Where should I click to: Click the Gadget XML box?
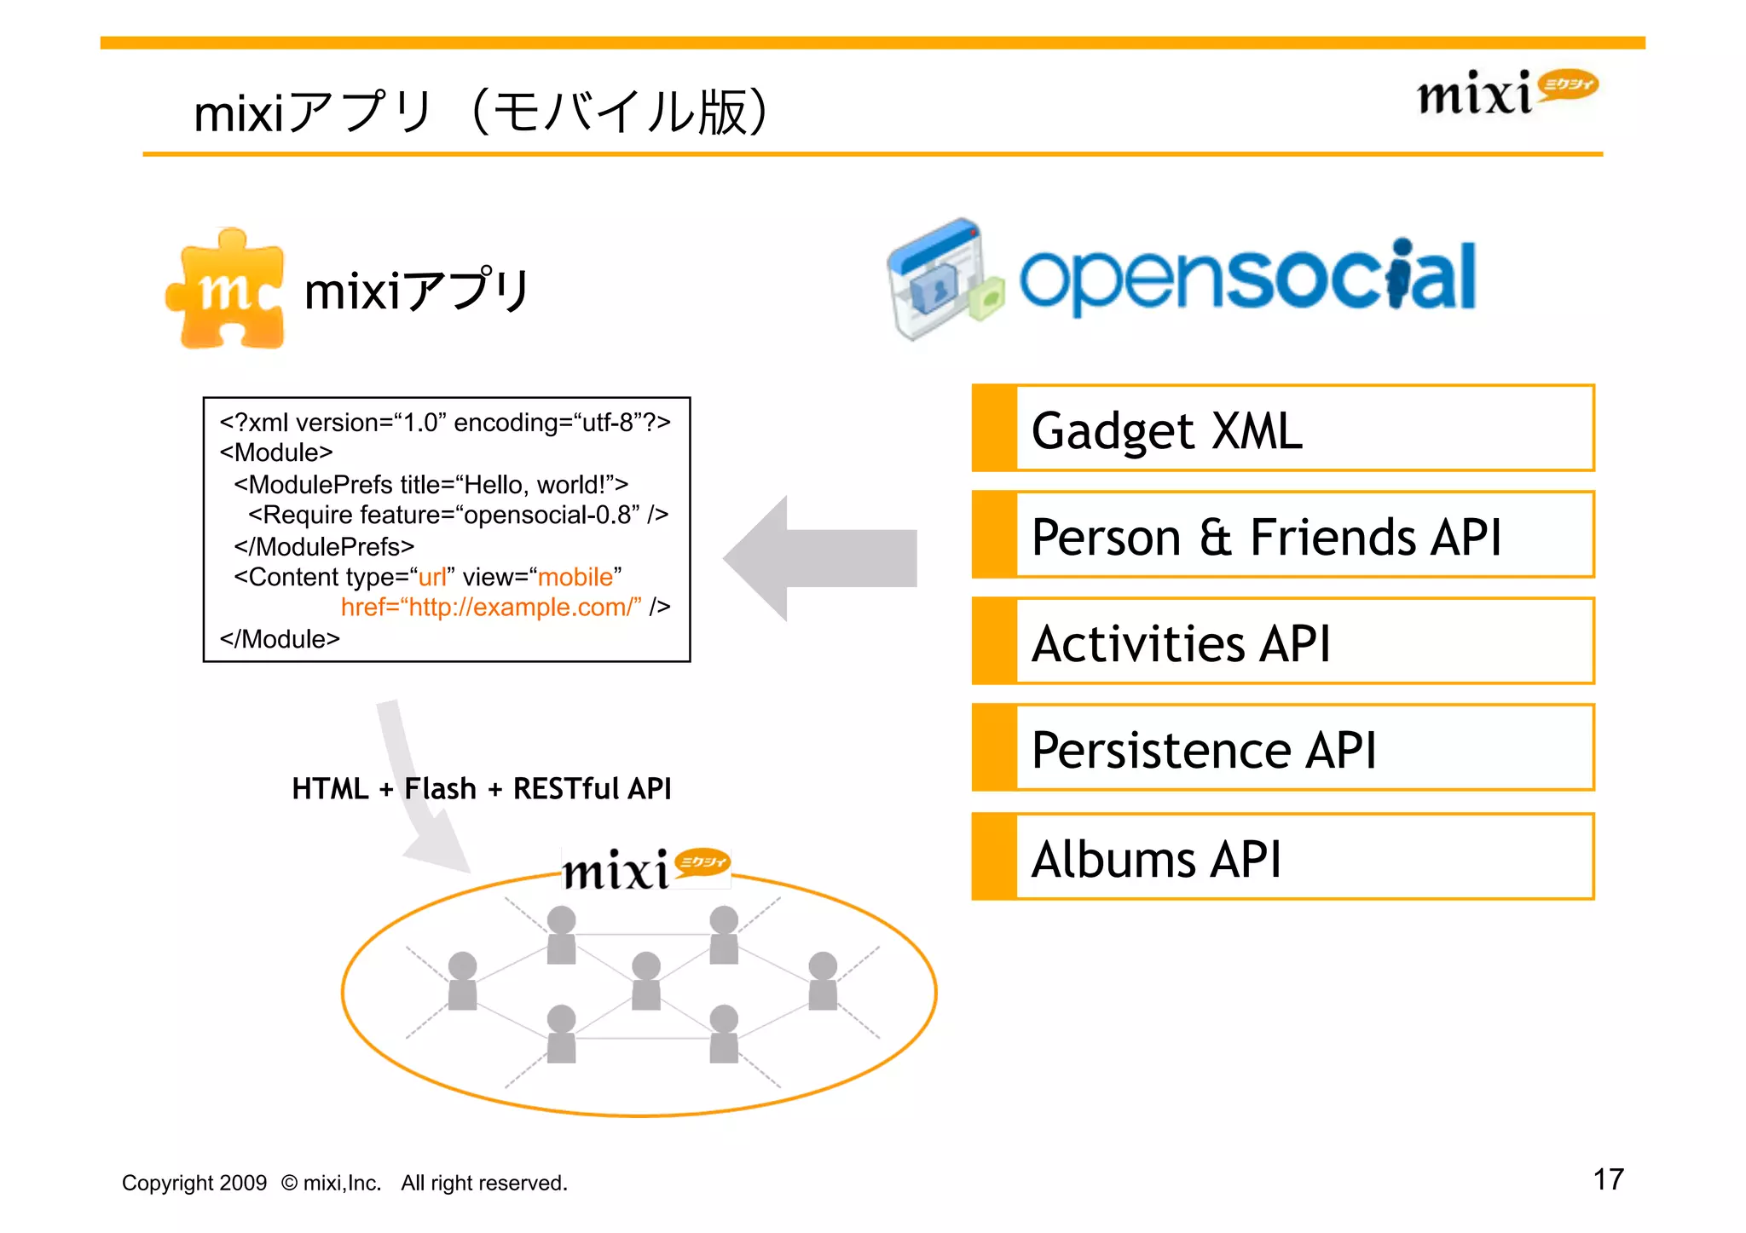(x=1282, y=429)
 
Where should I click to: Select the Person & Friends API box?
(x=1282, y=535)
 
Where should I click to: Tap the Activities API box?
(x=1282, y=642)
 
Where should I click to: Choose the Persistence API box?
(x=1282, y=748)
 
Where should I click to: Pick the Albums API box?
(x=1282, y=857)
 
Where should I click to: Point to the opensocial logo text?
(x=1248, y=277)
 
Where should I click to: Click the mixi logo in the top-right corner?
(x=1506, y=92)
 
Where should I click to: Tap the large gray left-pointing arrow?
(x=818, y=558)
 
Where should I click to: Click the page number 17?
(x=1608, y=1179)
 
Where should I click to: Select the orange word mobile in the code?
(x=575, y=577)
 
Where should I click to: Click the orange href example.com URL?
(x=491, y=607)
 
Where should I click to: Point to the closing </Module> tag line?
(x=280, y=639)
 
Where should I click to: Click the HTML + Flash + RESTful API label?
(x=482, y=789)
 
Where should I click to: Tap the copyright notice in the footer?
(x=344, y=1183)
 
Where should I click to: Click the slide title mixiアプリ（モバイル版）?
(x=482, y=112)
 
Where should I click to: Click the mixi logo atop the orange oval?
(x=645, y=869)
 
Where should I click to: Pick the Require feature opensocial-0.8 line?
(x=458, y=515)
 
